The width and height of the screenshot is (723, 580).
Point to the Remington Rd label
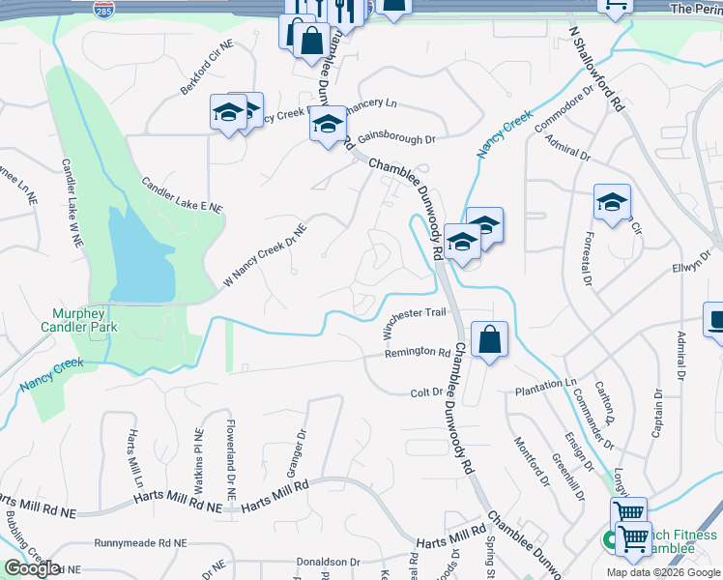(418, 353)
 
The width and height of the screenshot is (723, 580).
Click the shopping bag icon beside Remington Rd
(490, 340)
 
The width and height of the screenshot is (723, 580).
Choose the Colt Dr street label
(425, 392)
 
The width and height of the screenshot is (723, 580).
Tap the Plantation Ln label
(544, 385)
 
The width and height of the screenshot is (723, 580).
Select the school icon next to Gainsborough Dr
(328, 125)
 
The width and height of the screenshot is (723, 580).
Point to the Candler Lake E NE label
(181, 194)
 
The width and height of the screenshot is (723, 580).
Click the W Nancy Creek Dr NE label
(265, 254)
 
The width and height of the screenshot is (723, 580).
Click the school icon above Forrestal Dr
(612, 202)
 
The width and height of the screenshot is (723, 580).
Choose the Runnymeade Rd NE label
(140, 544)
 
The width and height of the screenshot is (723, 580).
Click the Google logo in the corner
(32, 568)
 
